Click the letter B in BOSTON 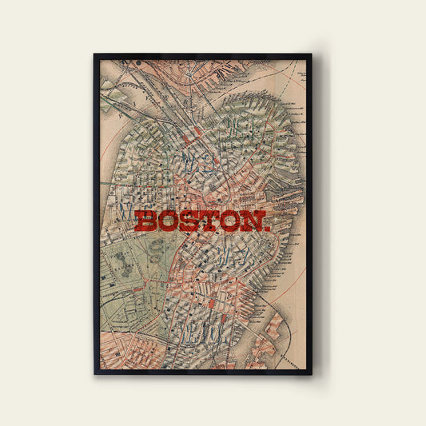click(147, 221)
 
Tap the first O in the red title click(169, 221)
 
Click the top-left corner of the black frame click(95, 55)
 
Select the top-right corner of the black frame click(311, 55)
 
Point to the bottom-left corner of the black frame click(95, 373)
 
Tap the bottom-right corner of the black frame click(311, 373)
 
